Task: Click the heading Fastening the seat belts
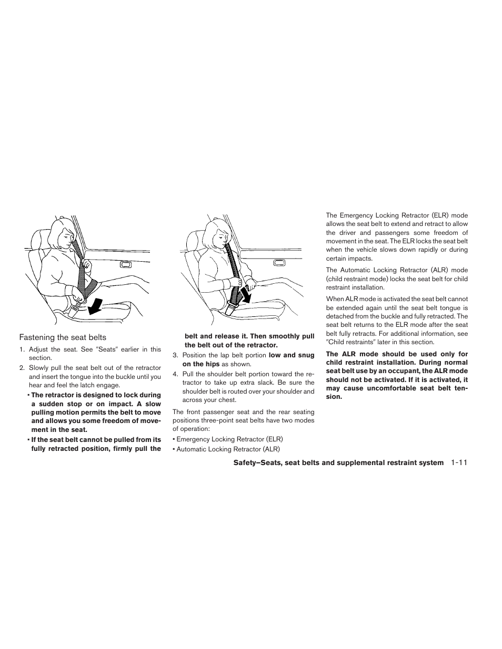[x=63, y=337]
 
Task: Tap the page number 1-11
[x=459, y=462]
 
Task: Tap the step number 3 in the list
[x=175, y=355]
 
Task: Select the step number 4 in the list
[x=175, y=374]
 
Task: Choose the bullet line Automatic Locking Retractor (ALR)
[x=228, y=449]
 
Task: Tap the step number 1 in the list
[x=22, y=349]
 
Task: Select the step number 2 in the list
[x=22, y=368]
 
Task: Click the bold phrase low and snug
[x=291, y=355]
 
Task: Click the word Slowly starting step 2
[x=39, y=368]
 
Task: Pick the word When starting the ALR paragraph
[x=335, y=299]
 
